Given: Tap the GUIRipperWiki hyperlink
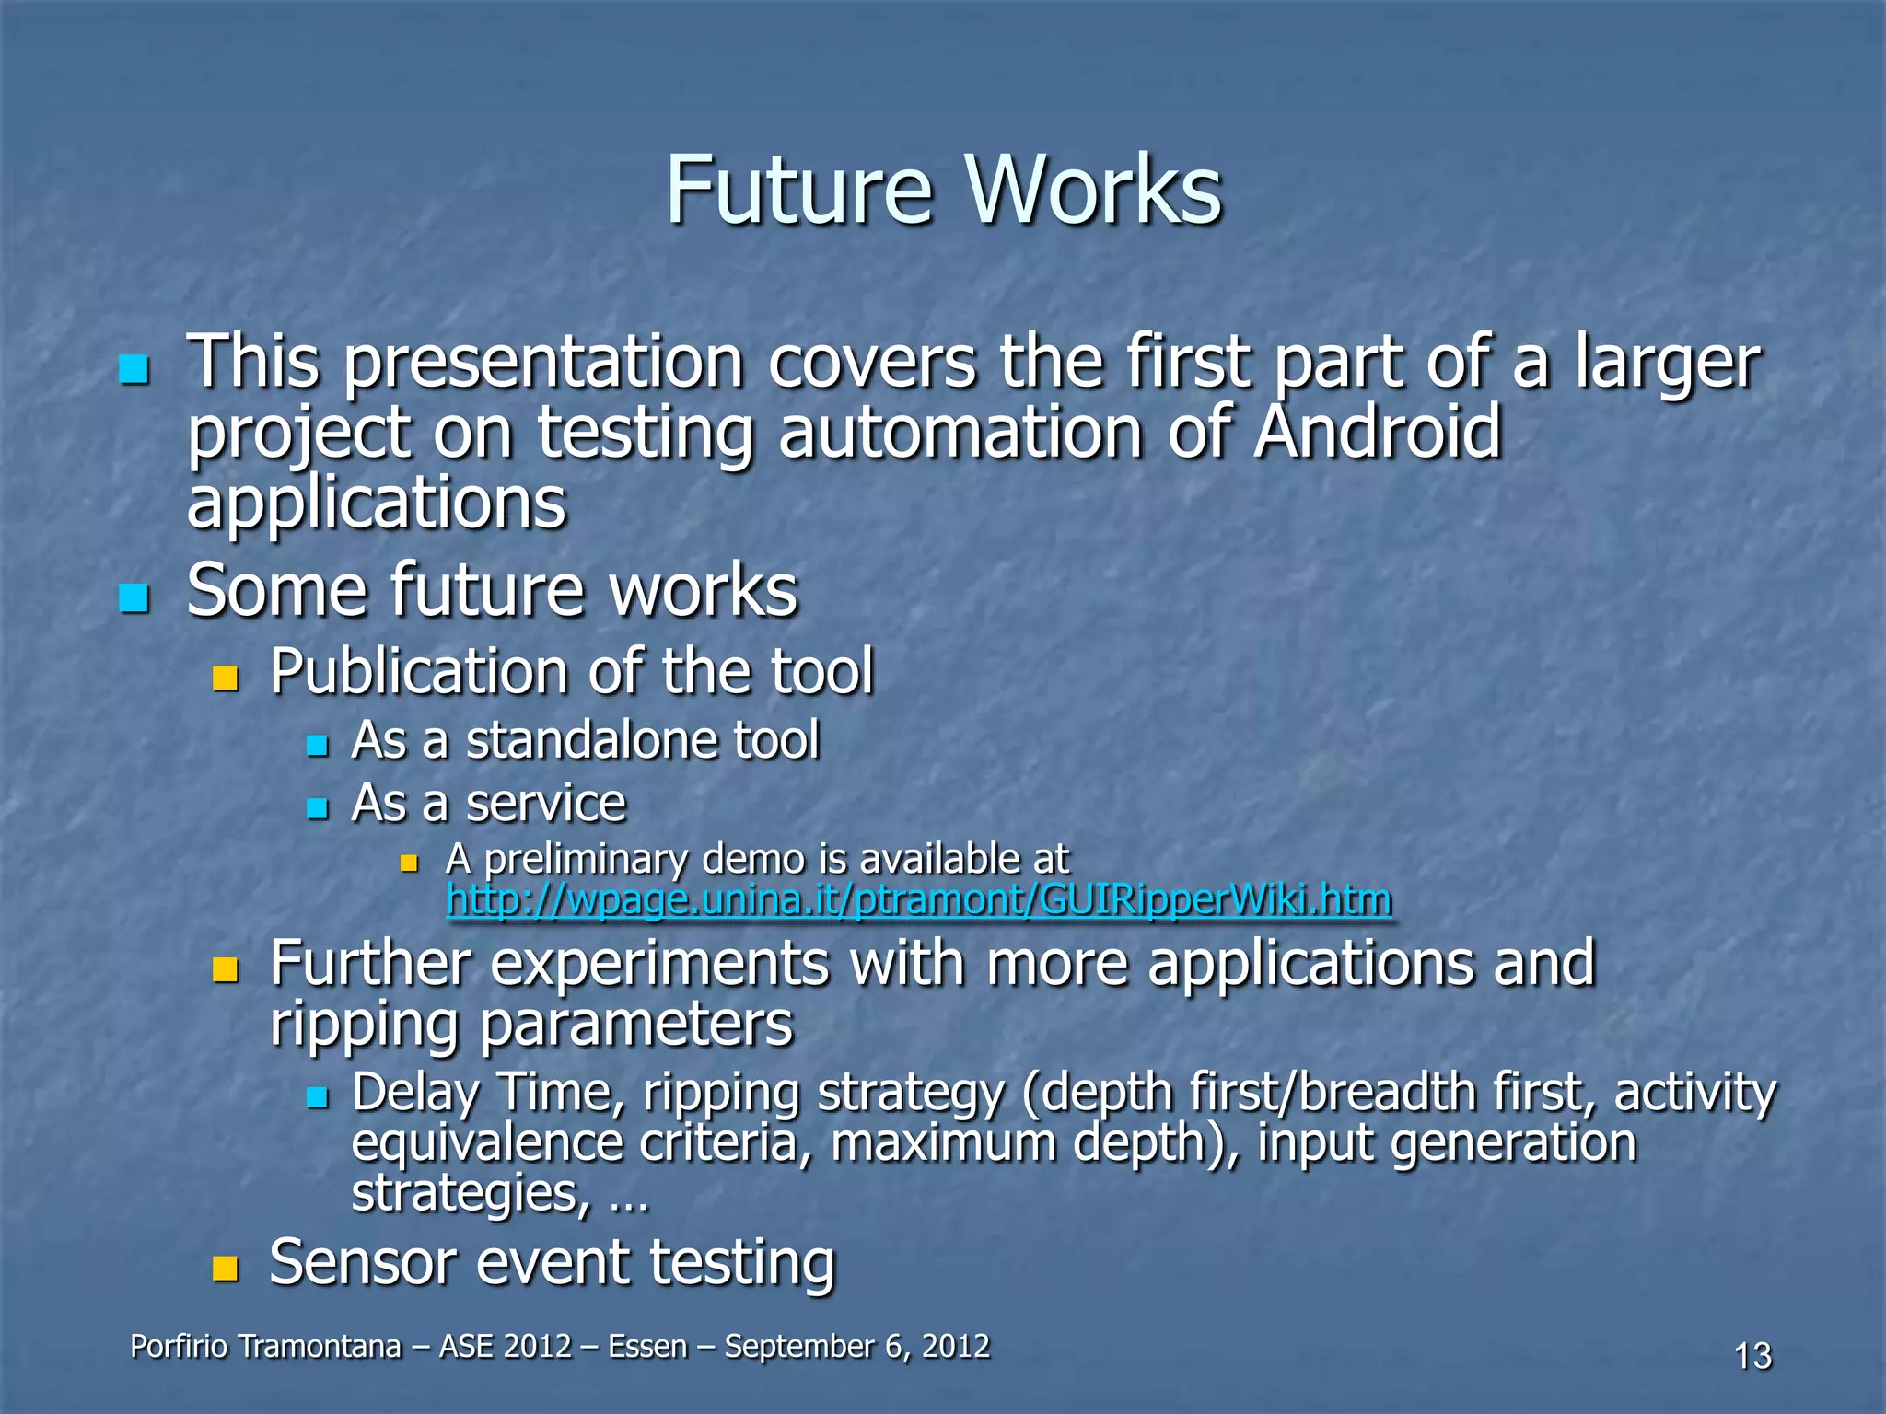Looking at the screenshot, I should click(x=918, y=899).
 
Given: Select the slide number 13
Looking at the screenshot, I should click(x=1752, y=1356).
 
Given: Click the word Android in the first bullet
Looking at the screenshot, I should click(x=1378, y=432).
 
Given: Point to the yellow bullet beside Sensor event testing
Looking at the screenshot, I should click(x=225, y=1269).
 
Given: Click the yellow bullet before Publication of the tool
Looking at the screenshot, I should click(x=225, y=679).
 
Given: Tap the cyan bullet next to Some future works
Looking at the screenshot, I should click(x=134, y=598).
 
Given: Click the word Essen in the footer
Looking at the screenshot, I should click(x=647, y=1346).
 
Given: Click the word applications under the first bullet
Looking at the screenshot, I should click(x=376, y=504).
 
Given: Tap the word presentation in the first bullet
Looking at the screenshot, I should click(x=543, y=362).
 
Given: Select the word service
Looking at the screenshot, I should click(x=545, y=804).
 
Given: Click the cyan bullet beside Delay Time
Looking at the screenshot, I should click(x=318, y=1097).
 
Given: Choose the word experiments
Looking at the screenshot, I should click(x=659, y=963).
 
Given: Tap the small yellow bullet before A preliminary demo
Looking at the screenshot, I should click(x=410, y=863).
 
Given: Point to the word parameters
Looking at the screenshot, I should click(x=635, y=1024).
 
